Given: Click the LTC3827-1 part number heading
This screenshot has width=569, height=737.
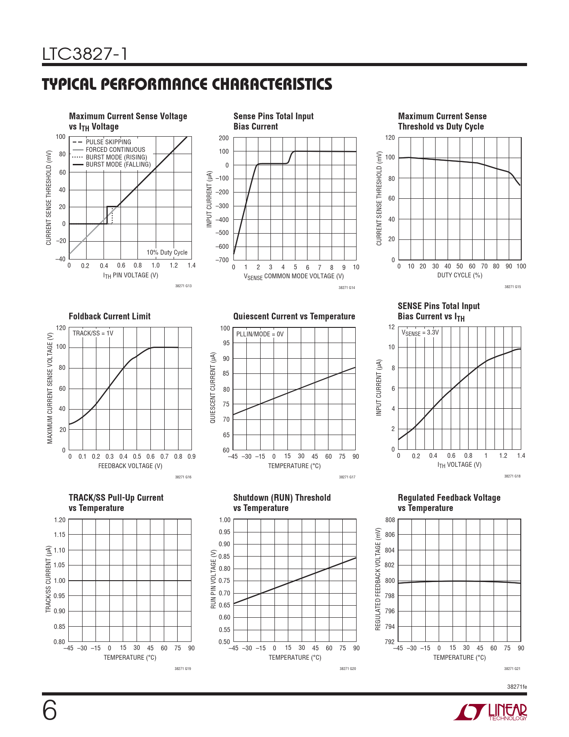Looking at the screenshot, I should tap(85, 54).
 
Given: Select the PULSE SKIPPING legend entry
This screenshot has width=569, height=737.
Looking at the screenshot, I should tap(108, 142).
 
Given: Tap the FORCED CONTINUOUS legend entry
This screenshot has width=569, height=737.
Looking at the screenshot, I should tap(115, 150).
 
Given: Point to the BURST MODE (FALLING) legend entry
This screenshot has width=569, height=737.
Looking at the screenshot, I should tap(118, 164).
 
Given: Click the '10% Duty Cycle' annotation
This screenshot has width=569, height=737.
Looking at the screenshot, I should tap(167, 252).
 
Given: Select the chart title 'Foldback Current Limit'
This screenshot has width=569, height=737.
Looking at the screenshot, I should tap(109, 316).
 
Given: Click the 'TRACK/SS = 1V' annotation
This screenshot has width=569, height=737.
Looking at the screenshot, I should tap(93, 333).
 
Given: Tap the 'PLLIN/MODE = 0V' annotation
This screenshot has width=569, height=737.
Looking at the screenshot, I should tap(260, 334).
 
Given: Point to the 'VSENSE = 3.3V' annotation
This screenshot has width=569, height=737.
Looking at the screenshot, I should tap(420, 333).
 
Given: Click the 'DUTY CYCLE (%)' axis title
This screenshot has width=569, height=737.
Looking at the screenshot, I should tap(460, 275).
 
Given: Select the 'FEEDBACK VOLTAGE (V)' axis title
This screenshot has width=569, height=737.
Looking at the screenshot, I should tap(130, 466).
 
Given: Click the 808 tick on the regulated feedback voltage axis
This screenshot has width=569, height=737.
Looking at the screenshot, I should tap(390, 520).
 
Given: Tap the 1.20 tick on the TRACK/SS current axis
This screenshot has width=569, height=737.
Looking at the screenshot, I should tap(59, 520).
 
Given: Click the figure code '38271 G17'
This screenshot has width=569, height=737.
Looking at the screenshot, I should tap(347, 477).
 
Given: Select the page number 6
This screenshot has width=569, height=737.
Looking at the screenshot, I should tap(50, 711).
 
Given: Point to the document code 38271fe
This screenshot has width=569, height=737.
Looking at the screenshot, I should tap(517, 687).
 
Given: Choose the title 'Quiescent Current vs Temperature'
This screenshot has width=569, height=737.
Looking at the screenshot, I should tap(294, 316).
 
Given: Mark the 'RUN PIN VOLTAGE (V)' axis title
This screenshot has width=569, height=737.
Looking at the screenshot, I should tap(213, 579).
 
